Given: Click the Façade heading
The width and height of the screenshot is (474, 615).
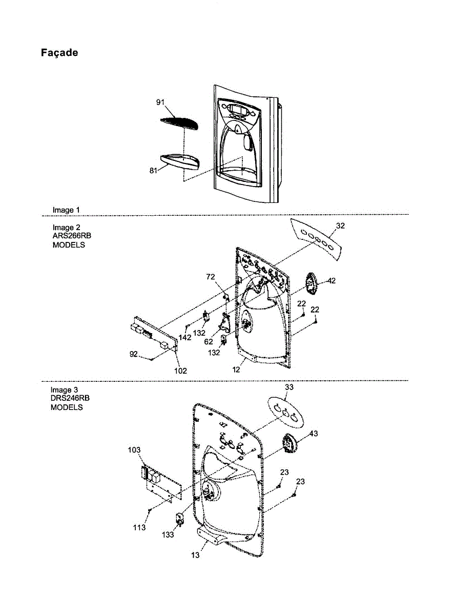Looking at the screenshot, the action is [59, 53].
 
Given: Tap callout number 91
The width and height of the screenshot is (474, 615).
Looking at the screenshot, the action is [160, 102].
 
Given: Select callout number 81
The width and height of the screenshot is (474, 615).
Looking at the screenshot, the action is [153, 171].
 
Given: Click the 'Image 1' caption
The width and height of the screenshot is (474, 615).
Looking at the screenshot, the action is [66, 210].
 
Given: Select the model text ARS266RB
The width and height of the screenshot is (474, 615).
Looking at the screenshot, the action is [72, 236].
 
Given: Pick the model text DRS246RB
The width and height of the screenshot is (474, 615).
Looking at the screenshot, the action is [70, 398].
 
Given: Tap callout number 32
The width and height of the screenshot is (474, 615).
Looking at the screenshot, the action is [340, 225].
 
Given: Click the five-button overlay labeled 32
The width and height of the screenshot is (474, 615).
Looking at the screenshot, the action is [316, 239].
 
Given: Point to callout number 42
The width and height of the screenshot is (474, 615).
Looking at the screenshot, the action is [331, 280].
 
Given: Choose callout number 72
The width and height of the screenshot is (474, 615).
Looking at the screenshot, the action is [211, 277].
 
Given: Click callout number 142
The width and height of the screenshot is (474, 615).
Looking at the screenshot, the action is [185, 337].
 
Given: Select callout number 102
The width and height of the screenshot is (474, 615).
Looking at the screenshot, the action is [180, 371].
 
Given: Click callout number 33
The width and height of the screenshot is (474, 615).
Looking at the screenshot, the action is [289, 387].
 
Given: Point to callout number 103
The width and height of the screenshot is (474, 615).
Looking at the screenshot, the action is [134, 449].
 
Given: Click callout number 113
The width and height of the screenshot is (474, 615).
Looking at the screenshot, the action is [139, 527].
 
